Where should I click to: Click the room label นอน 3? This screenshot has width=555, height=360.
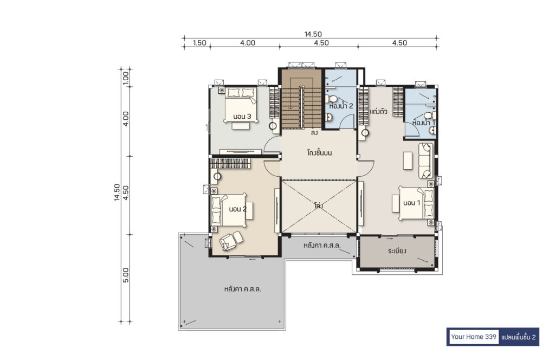click(242, 117)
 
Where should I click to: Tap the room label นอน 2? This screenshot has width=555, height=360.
click(237, 209)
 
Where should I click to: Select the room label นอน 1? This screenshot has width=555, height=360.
click(412, 203)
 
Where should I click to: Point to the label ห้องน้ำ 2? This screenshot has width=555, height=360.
click(341, 106)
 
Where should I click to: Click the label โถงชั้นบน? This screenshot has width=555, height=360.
click(319, 153)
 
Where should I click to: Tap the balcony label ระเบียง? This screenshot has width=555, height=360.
click(397, 251)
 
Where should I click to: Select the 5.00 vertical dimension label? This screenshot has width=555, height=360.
click(126, 275)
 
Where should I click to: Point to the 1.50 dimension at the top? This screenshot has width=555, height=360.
click(199, 43)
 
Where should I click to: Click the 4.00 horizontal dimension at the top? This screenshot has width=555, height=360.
click(247, 43)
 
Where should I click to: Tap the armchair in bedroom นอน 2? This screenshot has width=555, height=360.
click(230, 241)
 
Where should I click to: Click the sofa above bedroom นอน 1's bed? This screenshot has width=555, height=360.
click(425, 160)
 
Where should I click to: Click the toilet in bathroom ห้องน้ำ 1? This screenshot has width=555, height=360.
click(430, 115)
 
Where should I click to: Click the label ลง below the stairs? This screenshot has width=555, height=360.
click(314, 133)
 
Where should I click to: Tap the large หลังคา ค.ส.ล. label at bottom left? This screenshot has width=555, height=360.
click(243, 289)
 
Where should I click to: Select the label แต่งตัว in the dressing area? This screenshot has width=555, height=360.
click(378, 112)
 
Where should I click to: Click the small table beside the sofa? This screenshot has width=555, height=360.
click(408, 160)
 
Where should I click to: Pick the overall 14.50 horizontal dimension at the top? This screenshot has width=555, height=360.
click(313, 34)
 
